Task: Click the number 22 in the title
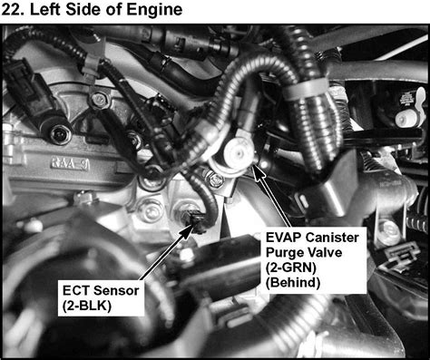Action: pos(16,11)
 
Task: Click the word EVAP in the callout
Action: pos(284,237)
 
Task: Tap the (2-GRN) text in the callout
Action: pos(293,268)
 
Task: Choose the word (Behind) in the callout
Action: pos(294,283)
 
